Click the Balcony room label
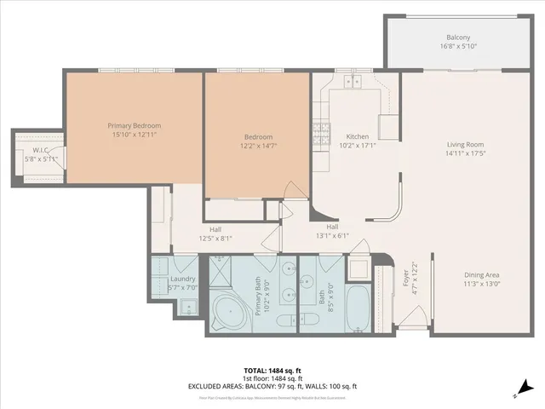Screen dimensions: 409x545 458,37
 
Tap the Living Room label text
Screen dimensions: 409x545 465,144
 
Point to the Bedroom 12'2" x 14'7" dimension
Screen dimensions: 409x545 258,147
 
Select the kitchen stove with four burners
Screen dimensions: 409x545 322,131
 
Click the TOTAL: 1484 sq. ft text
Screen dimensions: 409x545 272,371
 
